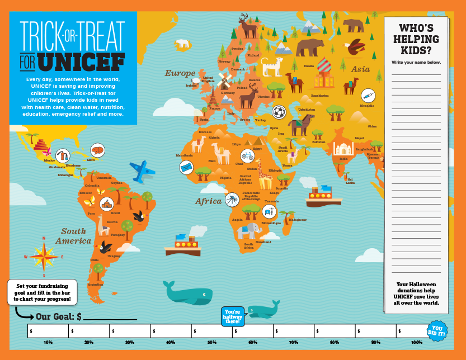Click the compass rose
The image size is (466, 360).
[44, 257]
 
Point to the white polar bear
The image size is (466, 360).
[182, 43]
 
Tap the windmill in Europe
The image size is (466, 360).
[225, 79]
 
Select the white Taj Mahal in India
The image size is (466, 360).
[343, 148]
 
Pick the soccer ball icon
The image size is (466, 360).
[278, 112]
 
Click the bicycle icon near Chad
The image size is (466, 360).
[247, 155]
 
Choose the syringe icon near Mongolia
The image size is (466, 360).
[368, 96]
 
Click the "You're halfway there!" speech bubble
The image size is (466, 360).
[233, 316]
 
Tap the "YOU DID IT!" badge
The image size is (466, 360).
[437, 330]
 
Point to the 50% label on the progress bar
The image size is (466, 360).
[212, 342]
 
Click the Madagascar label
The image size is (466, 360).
[298, 220]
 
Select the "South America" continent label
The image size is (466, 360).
[74, 236]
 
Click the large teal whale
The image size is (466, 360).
[187, 293]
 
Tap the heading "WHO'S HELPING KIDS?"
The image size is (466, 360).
[416, 39]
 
